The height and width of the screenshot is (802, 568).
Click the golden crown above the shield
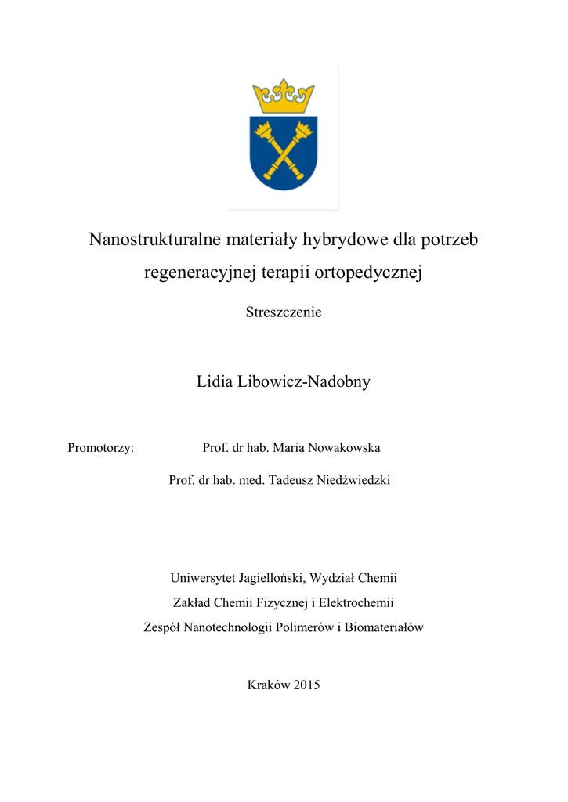click(x=283, y=97)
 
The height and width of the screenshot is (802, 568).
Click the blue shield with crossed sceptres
click(x=283, y=153)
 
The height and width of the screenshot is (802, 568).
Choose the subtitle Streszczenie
click(x=284, y=312)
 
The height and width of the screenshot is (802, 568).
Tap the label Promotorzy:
click(x=101, y=448)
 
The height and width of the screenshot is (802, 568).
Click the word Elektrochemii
click(x=356, y=602)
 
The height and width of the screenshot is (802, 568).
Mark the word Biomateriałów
click(x=383, y=627)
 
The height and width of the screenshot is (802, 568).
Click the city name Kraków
click(x=269, y=685)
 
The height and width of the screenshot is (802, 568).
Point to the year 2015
click(x=307, y=685)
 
